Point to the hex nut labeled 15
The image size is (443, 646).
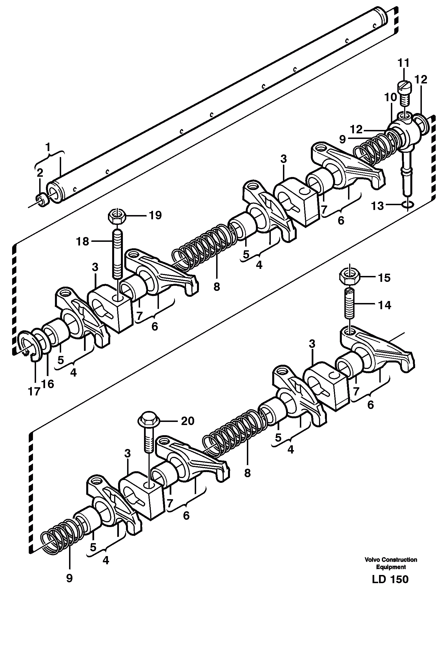click(x=349, y=277)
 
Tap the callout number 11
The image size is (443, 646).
click(x=403, y=63)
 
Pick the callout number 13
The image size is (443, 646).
click(x=378, y=206)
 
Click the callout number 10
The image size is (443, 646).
click(x=390, y=98)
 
